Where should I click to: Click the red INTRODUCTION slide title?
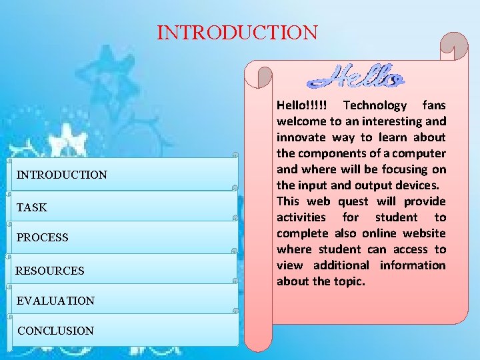point(237,32)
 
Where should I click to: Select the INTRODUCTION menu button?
point(61,175)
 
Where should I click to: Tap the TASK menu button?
point(32,207)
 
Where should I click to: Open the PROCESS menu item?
point(43,237)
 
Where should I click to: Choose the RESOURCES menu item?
point(50,271)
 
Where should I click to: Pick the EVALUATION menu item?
point(56,301)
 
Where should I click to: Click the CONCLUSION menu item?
point(56,331)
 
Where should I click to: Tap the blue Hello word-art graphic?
point(356,77)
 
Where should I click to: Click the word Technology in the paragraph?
point(374,105)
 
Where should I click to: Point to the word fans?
point(434,105)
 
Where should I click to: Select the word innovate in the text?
point(301,137)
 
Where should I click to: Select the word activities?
point(301,217)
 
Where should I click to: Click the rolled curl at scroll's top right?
point(457,48)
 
